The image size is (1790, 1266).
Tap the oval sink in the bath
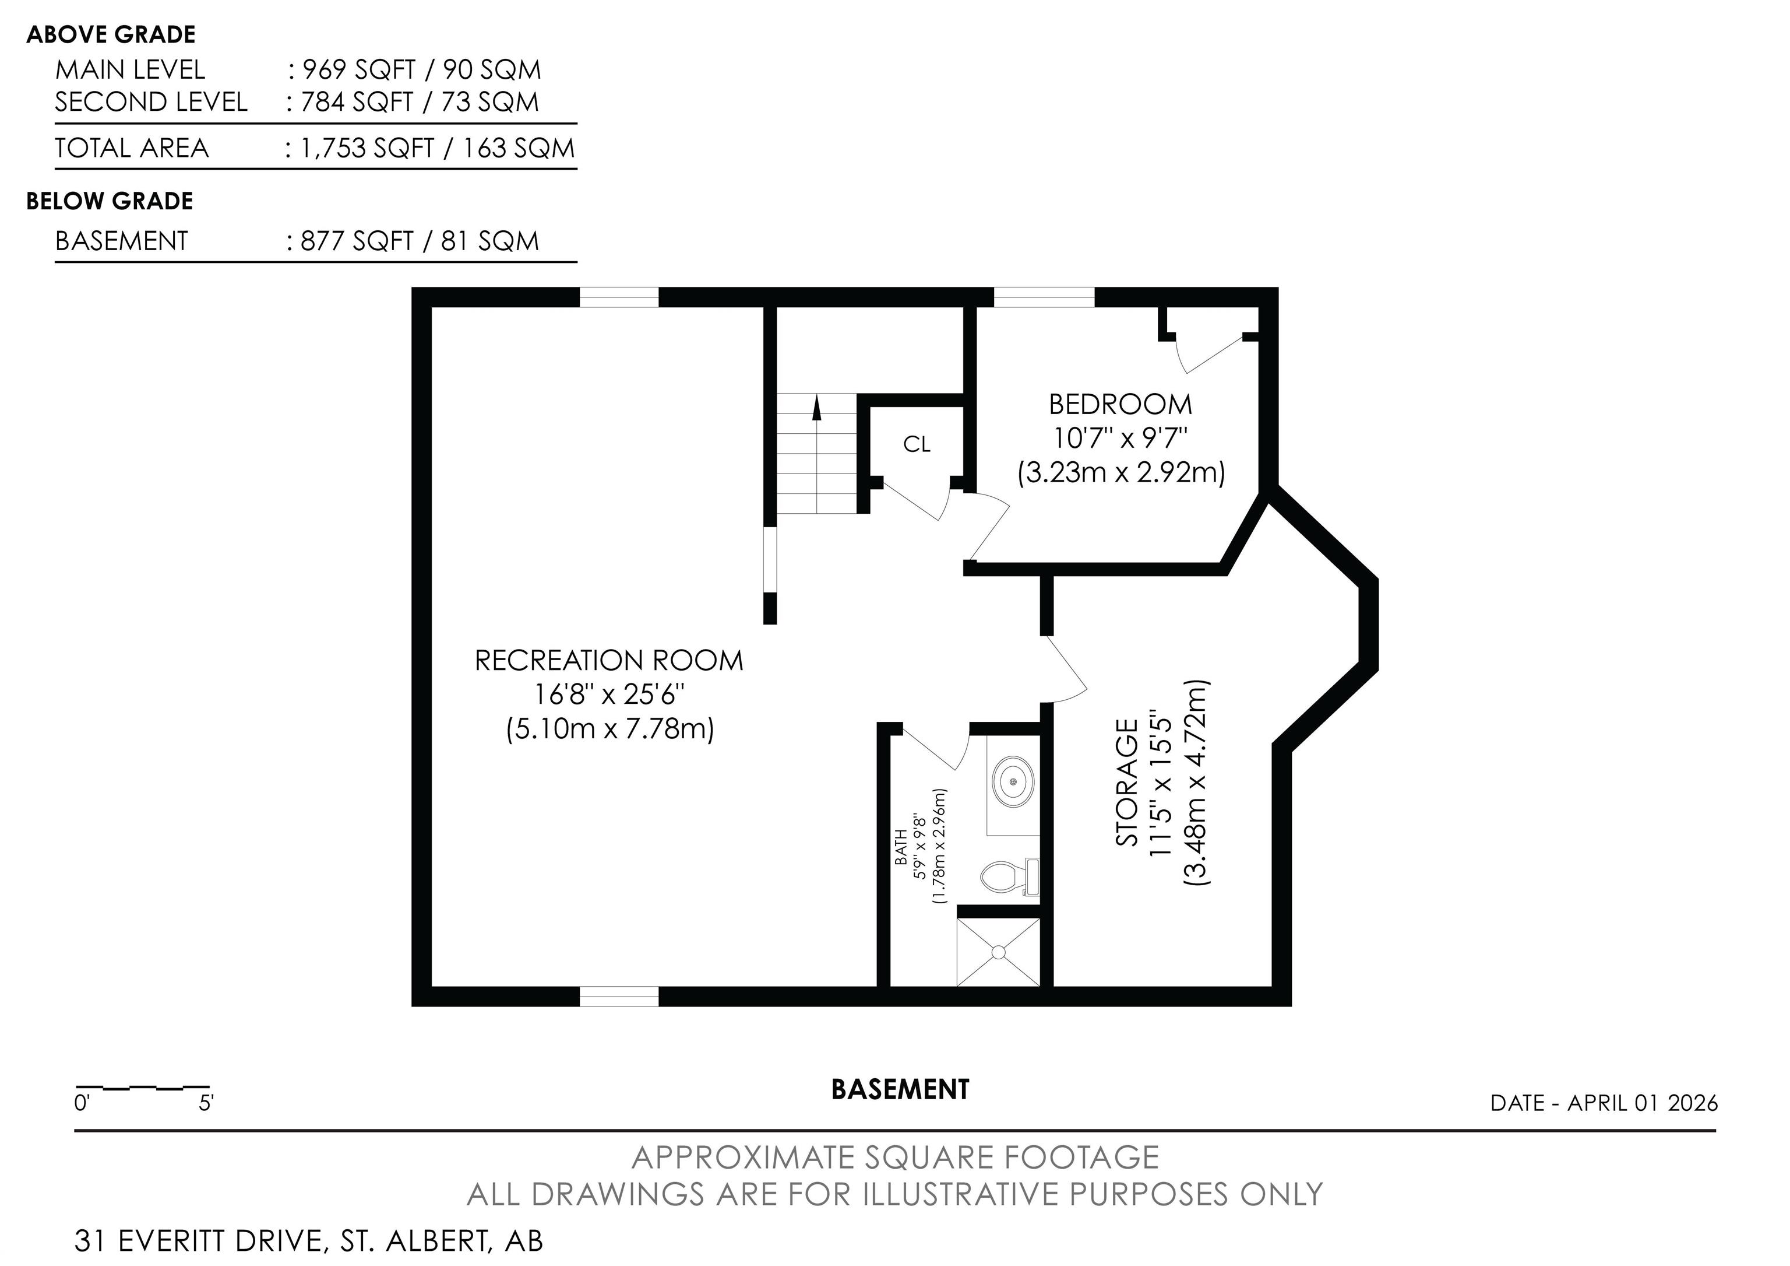1013,780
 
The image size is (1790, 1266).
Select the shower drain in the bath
999,952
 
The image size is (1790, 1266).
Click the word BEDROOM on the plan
1120,404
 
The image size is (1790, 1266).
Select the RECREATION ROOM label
609,661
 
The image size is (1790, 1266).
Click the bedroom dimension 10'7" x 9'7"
1120,439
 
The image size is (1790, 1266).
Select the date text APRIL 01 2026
1643,1102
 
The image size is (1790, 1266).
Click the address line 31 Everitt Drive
309,1240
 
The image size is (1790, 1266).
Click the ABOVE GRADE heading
111,34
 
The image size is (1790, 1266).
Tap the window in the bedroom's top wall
1044,297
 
